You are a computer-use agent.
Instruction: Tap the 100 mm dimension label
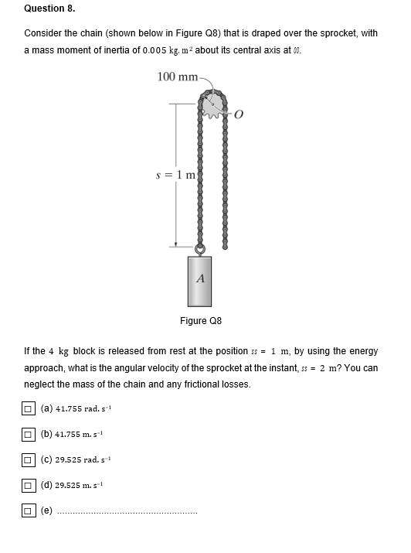point(176,76)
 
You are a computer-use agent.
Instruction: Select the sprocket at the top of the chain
point(212,106)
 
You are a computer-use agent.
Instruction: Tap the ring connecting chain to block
point(199,249)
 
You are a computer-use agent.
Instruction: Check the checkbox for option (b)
point(28,434)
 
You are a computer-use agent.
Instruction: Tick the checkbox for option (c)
point(28,460)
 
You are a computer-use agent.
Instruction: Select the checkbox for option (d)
point(28,486)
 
